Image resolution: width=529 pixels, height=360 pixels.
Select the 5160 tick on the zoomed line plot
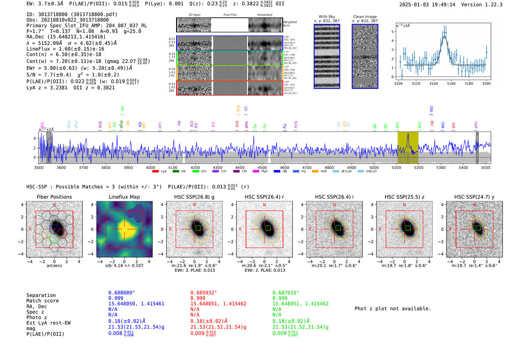coord(451,83)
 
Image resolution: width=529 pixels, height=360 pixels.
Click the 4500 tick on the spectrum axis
coord(262,168)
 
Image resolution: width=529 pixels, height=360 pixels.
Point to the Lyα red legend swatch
coord(155,172)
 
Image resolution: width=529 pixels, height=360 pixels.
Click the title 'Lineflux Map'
coord(124,197)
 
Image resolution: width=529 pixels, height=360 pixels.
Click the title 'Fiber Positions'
coord(54,197)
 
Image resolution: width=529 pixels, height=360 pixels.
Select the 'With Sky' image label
coord(326,17)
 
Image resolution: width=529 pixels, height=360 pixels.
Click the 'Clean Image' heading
coord(365,17)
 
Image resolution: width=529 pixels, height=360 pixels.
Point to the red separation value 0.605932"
coord(203,293)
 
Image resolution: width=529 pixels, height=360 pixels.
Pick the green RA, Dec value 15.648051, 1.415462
coord(300,304)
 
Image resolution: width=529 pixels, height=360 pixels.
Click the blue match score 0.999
coord(116,298)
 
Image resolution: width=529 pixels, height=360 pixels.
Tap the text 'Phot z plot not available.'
coord(393,309)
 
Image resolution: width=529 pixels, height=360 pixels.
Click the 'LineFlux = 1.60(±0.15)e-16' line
coord(65,49)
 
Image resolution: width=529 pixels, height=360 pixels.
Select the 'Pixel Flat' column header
coord(230,15)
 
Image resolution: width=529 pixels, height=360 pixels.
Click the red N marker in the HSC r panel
coord(264,205)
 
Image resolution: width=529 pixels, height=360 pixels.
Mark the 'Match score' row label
coord(42,301)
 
